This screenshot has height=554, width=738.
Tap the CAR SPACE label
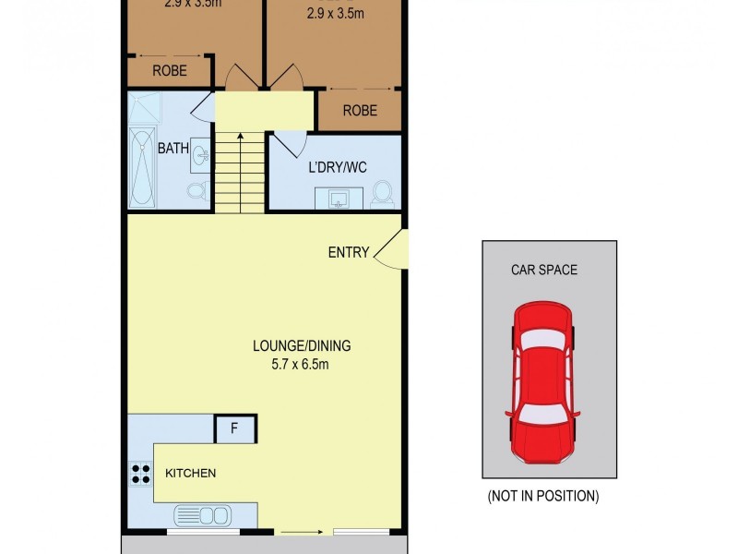544,271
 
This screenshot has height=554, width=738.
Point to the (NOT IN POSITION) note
543,497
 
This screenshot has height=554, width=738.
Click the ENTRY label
349,252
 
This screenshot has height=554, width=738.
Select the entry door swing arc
389,250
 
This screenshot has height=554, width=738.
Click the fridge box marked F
234,429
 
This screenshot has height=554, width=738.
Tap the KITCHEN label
190,474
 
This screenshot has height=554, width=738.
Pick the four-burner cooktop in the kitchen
141,475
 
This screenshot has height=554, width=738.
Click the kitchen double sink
202,514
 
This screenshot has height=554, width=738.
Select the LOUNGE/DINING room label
302,346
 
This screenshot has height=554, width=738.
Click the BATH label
173,148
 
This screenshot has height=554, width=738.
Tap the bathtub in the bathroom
142,167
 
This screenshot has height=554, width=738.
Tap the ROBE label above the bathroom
170,70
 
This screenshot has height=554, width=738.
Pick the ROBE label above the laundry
360,110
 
